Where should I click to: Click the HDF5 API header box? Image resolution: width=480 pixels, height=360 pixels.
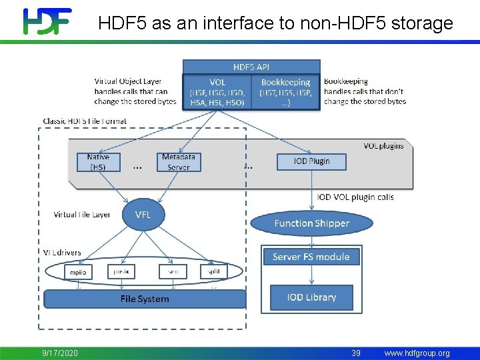(251, 67)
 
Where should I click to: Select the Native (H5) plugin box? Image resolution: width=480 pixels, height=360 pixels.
(98, 162)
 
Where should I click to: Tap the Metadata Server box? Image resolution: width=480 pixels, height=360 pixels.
(179, 162)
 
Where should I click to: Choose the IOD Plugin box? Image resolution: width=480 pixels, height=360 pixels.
(311, 161)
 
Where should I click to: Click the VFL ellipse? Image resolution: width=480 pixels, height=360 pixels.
(143, 214)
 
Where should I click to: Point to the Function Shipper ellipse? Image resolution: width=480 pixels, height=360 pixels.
(311, 223)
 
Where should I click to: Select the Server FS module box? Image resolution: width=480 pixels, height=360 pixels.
(311, 257)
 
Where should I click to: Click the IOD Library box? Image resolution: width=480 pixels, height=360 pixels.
(311, 297)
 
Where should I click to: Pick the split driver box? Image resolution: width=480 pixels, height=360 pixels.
(213, 272)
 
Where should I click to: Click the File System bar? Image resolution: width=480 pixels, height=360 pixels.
(145, 299)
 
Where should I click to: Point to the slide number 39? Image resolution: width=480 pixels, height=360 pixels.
(356, 353)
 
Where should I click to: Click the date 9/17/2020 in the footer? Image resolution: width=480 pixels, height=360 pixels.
(61, 353)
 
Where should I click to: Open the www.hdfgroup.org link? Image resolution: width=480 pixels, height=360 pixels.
(417, 353)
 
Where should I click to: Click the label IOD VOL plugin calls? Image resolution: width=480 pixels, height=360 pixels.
(355, 197)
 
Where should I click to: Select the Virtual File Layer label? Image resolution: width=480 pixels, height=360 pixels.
(82, 215)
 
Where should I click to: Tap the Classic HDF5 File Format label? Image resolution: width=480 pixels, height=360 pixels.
(85, 121)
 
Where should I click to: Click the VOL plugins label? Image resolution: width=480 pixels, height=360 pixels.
(383, 145)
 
